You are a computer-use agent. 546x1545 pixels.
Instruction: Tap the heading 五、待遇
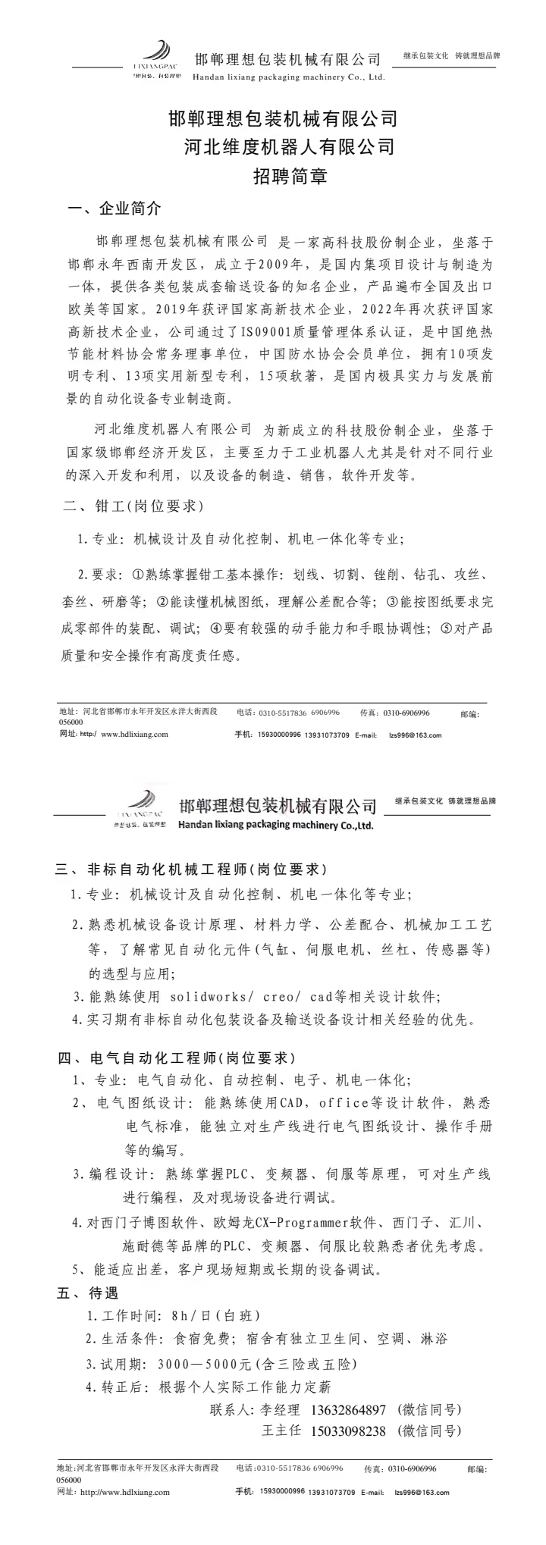pyautogui.click(x=87, y=1293)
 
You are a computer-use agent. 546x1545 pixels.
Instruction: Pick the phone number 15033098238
pyautogui.click(x=348, y=1431)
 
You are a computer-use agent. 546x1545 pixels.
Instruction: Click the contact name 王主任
pyautogui.click(x=280, y=1431)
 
